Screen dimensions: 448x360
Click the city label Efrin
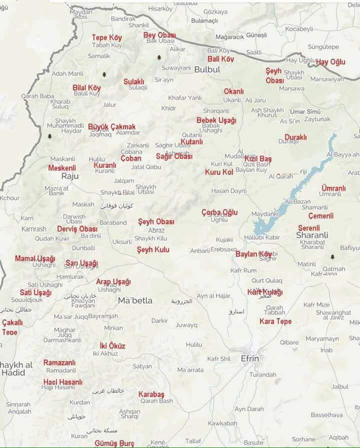pyautogui.click(x=250, y=359)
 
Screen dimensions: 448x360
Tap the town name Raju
pyautogui.click(x=70, y=176)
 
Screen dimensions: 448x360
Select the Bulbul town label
pyautogui.click(x=207, y=69)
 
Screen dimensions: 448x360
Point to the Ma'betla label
pyautogui.click(x=135, y=301)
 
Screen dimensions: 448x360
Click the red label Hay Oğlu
pyautogui.click(x=330, y=62)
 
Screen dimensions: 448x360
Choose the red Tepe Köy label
pyautogui.click(x=106, y=37)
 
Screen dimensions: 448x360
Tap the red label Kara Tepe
pyautogui.click(x=275, y=321)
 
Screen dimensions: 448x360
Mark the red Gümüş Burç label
pyautogui.click(x=114, y=443)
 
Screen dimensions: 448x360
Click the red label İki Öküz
pyautogui.click(x=112, y=346)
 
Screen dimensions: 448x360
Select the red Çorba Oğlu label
pyautogui.click(x=219, y=212)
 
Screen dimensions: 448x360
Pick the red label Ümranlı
pyautogui.click(x=333, y=188)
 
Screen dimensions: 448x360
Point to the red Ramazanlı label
pyautogui.click(x=59, y=363)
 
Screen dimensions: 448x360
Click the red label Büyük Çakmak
pyautogui.click(x=111, y=127)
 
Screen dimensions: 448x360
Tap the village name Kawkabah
pyautogui.click(x=222, y=423)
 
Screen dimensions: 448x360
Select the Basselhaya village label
pyautogui.click(x=327, y=415)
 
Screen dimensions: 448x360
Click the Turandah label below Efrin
pyautogui.click(x=262, y=375)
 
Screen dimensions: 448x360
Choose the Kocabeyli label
pyautogui.click(x=298, y=29)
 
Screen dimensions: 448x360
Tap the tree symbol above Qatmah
pyautogui.click(x=332, y=257)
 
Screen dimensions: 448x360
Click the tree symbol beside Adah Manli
pyautogui.click(x=104, y=74)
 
